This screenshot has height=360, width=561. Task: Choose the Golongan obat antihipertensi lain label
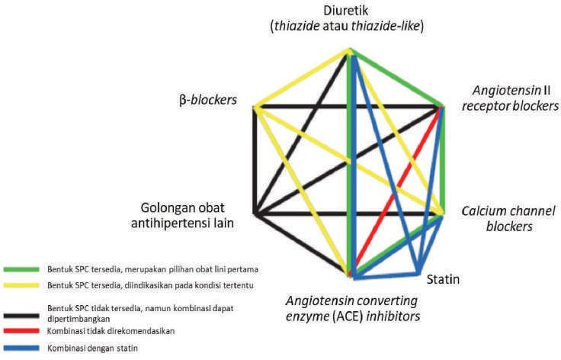tap(187, 214)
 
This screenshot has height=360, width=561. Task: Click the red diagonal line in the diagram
tap(396, 191)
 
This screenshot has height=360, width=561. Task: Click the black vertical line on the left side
tap(255, 160)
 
